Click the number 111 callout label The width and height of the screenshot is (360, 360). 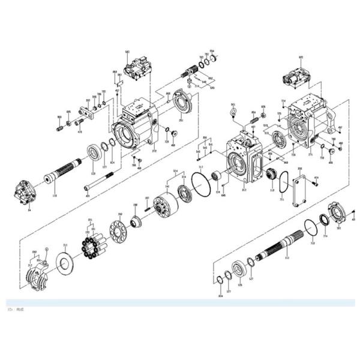pos(287,257)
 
